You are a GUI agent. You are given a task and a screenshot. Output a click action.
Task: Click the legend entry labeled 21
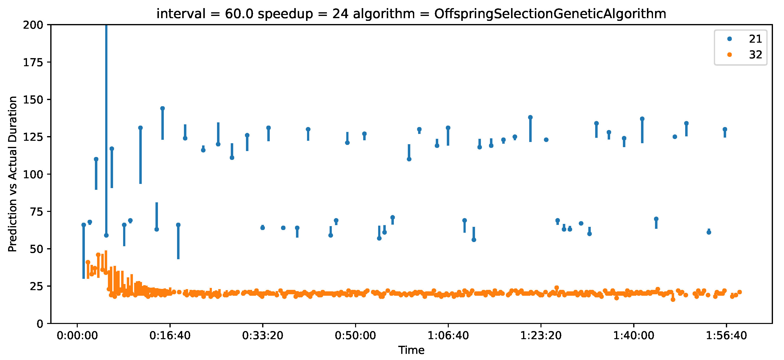coord(755,39)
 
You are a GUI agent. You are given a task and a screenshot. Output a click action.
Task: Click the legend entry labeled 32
coord(755,55)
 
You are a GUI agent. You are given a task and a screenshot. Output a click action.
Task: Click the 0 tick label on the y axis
coord(40,324)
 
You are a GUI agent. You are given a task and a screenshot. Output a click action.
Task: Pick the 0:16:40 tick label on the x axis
coord(170,336)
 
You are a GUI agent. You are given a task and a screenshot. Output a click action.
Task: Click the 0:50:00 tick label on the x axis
coord(356,336)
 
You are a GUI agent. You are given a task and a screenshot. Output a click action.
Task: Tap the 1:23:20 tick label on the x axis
coord(541,336)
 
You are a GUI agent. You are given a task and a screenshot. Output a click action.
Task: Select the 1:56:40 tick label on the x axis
coord(726,336)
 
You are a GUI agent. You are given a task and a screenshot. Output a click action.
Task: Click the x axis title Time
coord(411,350)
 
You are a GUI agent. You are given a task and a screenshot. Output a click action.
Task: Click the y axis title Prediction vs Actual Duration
coord(13,174)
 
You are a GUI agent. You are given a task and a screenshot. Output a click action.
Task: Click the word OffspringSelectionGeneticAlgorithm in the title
coord(550,14)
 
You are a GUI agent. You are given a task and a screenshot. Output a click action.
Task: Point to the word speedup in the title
coord(285,14)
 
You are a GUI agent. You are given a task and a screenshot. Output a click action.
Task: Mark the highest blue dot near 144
coord(163,108)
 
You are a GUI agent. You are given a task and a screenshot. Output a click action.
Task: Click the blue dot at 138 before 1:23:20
coord(530,117)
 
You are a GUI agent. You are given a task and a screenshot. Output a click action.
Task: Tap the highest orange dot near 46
coord(98,255)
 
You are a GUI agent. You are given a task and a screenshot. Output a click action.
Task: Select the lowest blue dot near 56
coord(474,240)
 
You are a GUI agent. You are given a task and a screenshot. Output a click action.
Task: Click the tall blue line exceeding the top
coord(106,122)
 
